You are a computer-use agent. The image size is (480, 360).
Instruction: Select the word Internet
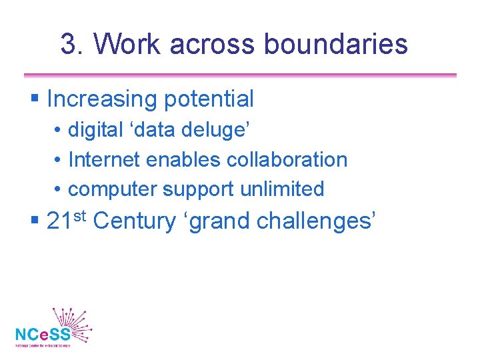click(x=104, y=160)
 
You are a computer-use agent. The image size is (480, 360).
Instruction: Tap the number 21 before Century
click(x=60, y=221)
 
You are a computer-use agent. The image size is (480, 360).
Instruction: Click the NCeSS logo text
click(x=42, y=333)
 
